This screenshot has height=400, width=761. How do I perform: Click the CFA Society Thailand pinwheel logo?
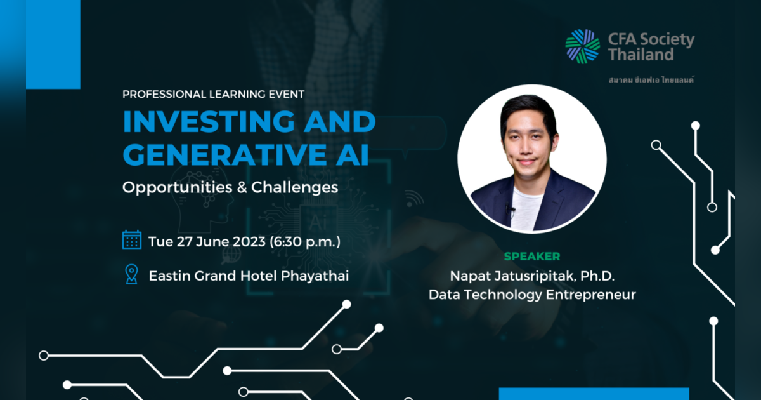coord(582,46)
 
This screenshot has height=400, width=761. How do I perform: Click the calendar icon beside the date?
coord(132,240)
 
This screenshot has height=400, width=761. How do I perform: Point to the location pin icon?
coord(131,274)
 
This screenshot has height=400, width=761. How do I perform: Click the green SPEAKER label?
coord(531,257)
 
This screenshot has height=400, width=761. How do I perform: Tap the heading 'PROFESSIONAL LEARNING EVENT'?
coord(214,94)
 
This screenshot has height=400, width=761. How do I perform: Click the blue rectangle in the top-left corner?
coord(53,44)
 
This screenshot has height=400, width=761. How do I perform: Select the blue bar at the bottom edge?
coord(594,394)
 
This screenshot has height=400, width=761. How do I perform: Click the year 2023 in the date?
coord(247,241)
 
